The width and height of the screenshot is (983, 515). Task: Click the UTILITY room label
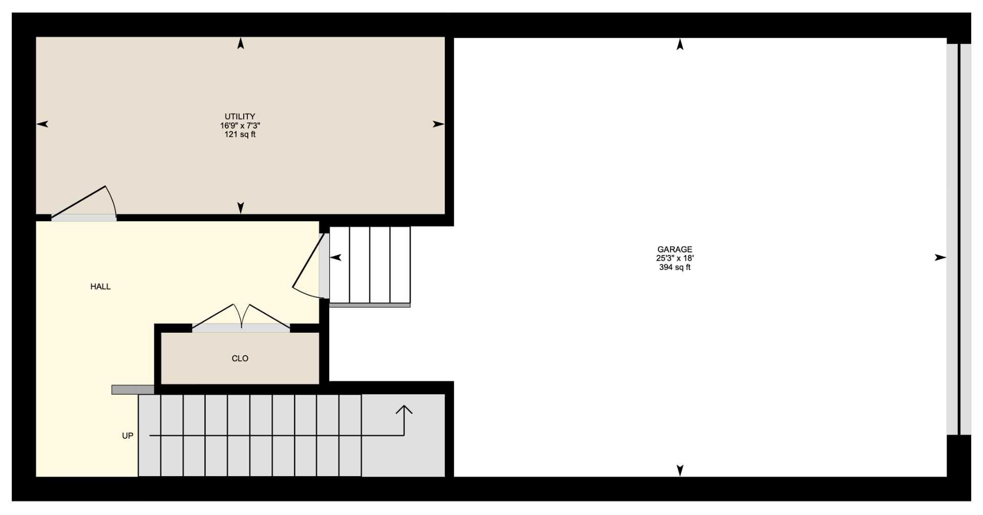[240, 117]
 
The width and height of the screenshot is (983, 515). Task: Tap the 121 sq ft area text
[240, 135]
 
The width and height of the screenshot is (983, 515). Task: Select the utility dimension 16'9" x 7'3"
[240, 125]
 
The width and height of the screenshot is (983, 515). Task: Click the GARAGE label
[674, 250]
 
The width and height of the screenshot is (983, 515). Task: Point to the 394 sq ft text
[674, 267]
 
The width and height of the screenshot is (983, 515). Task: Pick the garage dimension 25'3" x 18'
[674, 259]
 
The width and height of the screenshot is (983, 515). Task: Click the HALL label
[100, 287]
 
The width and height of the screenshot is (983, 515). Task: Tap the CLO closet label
[240, 358]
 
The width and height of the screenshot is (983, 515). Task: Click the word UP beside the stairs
[127, 436]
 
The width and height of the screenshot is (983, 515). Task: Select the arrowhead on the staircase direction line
[404, 410]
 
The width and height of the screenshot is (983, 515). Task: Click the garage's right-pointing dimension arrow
[940, 257]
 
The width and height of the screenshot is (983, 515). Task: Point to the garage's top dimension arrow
[680, 45]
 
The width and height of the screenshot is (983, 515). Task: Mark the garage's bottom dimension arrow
[680, 469]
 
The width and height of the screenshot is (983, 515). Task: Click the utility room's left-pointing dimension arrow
[42, 124]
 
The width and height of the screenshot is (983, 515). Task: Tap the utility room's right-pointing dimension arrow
[438, 124]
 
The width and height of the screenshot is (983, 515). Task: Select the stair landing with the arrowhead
[403, 435]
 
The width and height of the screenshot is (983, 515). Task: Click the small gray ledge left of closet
[133, 390]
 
